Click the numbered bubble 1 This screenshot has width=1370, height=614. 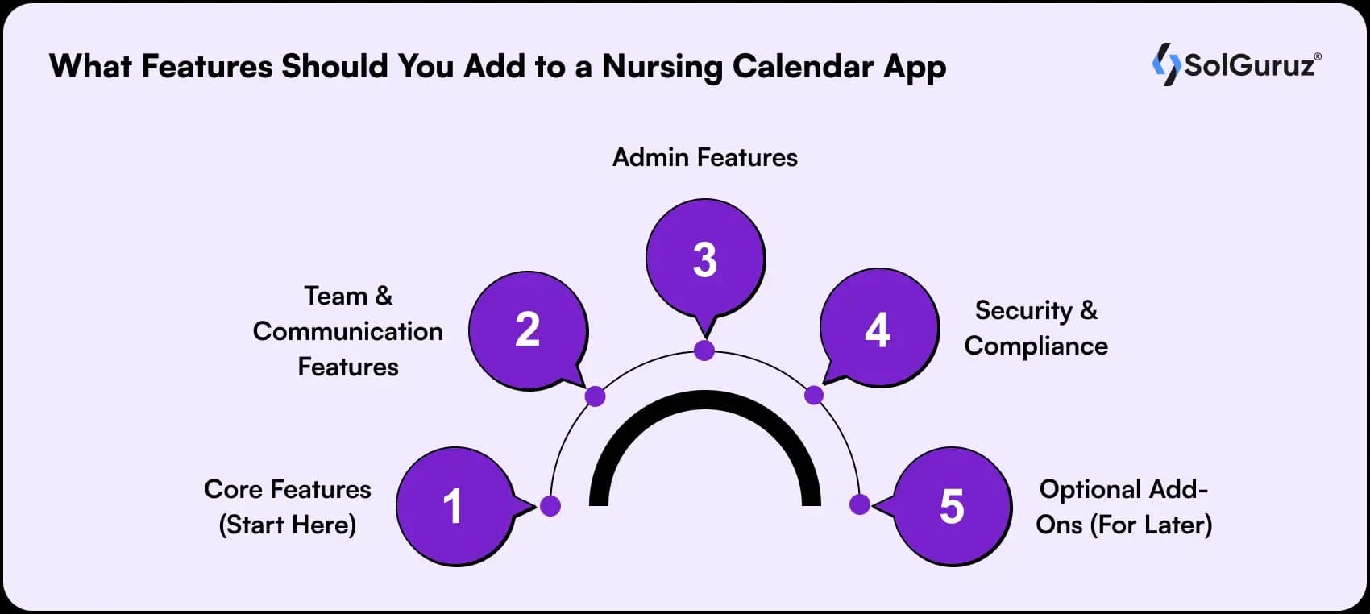point(455,506)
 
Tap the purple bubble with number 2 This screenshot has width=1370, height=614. point(529,330)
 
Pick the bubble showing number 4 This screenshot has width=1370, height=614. point(879,329)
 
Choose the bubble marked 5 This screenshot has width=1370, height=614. point(952,506)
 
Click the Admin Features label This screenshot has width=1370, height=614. point(705,157)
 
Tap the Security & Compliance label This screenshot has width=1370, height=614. point(1036,328)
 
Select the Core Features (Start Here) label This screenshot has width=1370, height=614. point(288,507)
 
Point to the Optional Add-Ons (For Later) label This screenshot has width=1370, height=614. point(1123,507)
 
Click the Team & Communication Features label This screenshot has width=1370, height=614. point(348,331)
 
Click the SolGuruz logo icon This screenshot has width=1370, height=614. point(1166,64)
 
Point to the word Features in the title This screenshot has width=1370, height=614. point(207,66)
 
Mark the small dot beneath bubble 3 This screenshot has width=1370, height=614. point(704,351)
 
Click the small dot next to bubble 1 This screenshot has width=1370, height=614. point(550,506)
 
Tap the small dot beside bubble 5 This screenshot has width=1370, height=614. point(859,504)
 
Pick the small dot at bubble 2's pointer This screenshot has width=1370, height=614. point(595,396)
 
